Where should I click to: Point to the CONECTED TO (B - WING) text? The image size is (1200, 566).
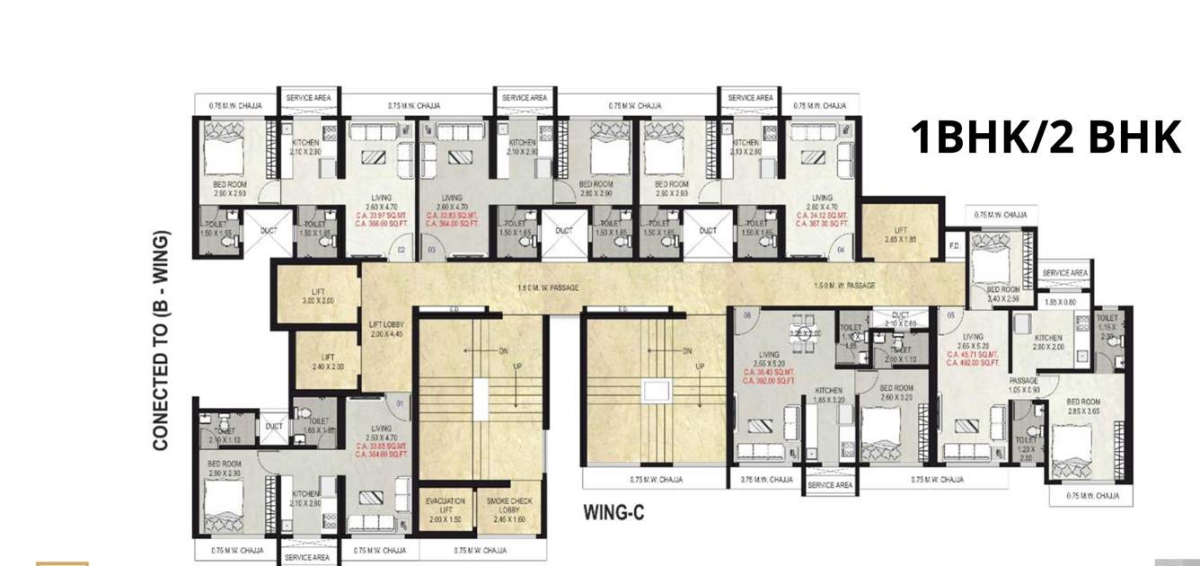point(162,341)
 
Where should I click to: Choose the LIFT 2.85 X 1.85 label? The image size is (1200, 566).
point(901,235)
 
